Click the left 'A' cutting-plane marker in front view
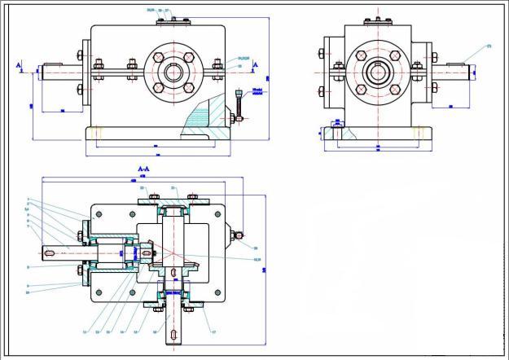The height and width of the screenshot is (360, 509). tap(19, 64)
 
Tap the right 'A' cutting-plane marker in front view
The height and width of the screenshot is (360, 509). tap(255, 64)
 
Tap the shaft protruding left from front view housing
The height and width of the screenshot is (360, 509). tap(57, 72)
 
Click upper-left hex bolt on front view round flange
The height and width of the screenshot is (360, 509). tap(158, 58)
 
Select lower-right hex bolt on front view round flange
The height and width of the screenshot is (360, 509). tap(187, 86)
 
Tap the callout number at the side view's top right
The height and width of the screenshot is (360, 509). tap(489, 46)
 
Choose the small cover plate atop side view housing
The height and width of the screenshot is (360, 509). tap(376, 21)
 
